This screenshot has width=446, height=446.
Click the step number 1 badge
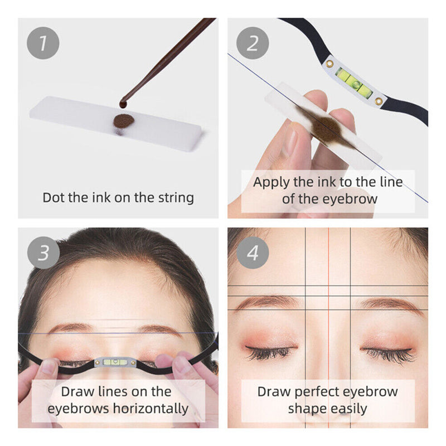(43, 43)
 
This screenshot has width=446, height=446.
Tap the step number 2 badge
(253, 43)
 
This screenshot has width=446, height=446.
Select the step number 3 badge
(43, 253)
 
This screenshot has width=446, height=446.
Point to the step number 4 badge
(253, 253)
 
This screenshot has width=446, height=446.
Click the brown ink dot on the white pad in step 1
(123, 120)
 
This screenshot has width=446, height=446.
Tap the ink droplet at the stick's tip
(123, 104)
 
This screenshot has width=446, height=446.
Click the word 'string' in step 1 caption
(174, 197)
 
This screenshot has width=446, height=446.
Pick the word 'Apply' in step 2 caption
(272, 182)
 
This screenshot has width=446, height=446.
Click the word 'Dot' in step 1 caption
(54, 197)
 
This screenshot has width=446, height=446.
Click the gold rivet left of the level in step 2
(329, 63)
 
